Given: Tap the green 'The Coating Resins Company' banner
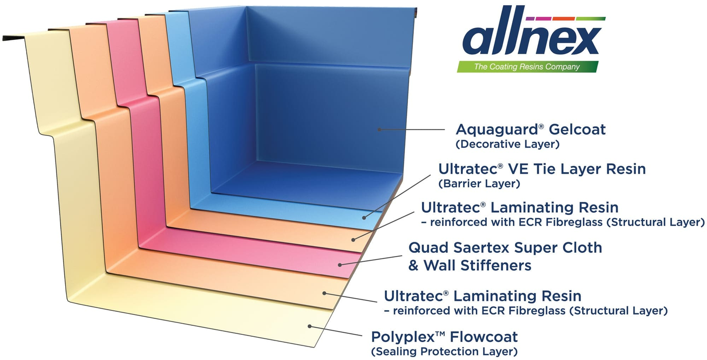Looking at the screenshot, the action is point(527,67).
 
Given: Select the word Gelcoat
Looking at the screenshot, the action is point(577,129).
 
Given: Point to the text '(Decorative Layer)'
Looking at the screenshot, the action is point(507,144).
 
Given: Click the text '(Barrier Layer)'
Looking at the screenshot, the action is point(479,184).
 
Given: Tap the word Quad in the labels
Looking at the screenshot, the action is point(428,248).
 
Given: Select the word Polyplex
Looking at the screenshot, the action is point(403,337).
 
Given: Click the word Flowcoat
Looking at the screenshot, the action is point(484,337).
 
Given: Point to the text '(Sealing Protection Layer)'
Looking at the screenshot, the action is point(444,352).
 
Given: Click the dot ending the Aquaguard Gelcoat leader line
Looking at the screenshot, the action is point(379,129).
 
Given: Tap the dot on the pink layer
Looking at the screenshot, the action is point(340,265).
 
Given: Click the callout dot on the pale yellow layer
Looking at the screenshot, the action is point(310,326).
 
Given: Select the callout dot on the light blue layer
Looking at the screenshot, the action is point(364,218).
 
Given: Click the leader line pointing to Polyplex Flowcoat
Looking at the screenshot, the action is point(336,331).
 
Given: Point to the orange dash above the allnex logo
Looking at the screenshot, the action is point(563,18).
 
